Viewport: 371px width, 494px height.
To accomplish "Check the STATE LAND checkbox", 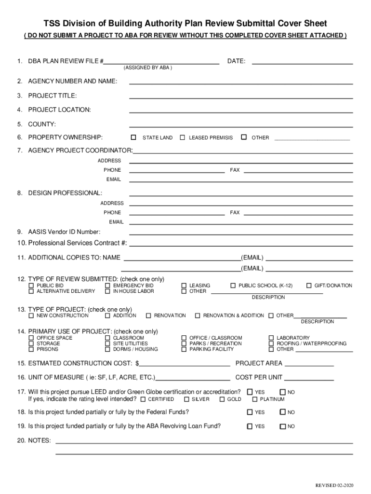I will point(133,137).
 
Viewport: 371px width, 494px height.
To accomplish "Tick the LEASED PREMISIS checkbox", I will point(183,137).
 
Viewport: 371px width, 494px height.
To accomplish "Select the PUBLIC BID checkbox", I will point(31,286).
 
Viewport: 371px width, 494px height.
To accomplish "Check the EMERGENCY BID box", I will point(107,286).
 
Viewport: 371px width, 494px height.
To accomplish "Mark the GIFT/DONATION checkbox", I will point(309,286).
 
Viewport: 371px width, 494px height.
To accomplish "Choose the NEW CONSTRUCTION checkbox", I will point(31,316).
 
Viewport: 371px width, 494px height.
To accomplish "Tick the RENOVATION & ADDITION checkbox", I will point(198,316).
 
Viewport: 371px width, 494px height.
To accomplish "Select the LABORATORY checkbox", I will point(271,338).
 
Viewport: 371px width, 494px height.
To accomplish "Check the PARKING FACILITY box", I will point(184,349).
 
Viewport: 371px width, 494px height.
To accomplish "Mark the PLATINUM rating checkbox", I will point(255,399).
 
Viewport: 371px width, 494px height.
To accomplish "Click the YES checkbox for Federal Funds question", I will point(250,412).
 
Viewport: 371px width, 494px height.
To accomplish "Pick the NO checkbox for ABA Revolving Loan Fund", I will point(282,426).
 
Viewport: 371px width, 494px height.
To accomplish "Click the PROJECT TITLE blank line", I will point(241,96).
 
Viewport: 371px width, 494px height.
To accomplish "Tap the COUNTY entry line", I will point(241,124).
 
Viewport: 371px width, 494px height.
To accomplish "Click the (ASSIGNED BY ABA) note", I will point(147,68).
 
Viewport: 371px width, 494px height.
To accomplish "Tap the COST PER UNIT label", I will point(259,377).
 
